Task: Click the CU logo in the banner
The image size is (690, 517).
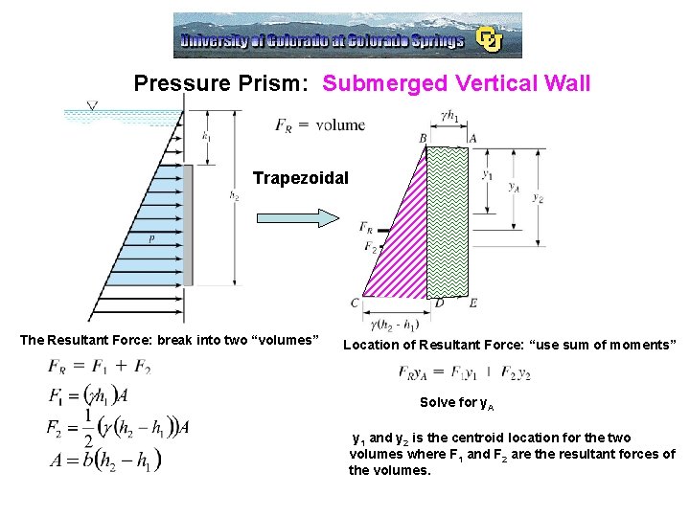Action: click(491, 39)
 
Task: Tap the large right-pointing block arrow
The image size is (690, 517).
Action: click(298, 217)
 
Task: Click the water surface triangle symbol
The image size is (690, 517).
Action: click(93, 105)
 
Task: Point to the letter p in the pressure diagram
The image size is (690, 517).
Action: click(151, 238)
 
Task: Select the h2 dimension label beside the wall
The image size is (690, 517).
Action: click(235, 195)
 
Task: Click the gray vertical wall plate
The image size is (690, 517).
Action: click(187, 201)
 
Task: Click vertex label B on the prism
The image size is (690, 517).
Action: click(423, 139)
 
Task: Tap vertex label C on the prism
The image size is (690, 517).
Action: click(355, 303)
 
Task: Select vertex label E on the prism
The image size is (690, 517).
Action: click(473, 303)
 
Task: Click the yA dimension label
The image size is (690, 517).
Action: click(515, 188)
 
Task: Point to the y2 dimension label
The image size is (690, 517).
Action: click(538, 198)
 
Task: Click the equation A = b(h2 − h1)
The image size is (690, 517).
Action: click(104, 460)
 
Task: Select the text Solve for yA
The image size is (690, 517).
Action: click(456, 403)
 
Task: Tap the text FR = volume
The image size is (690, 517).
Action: click(319, 124)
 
